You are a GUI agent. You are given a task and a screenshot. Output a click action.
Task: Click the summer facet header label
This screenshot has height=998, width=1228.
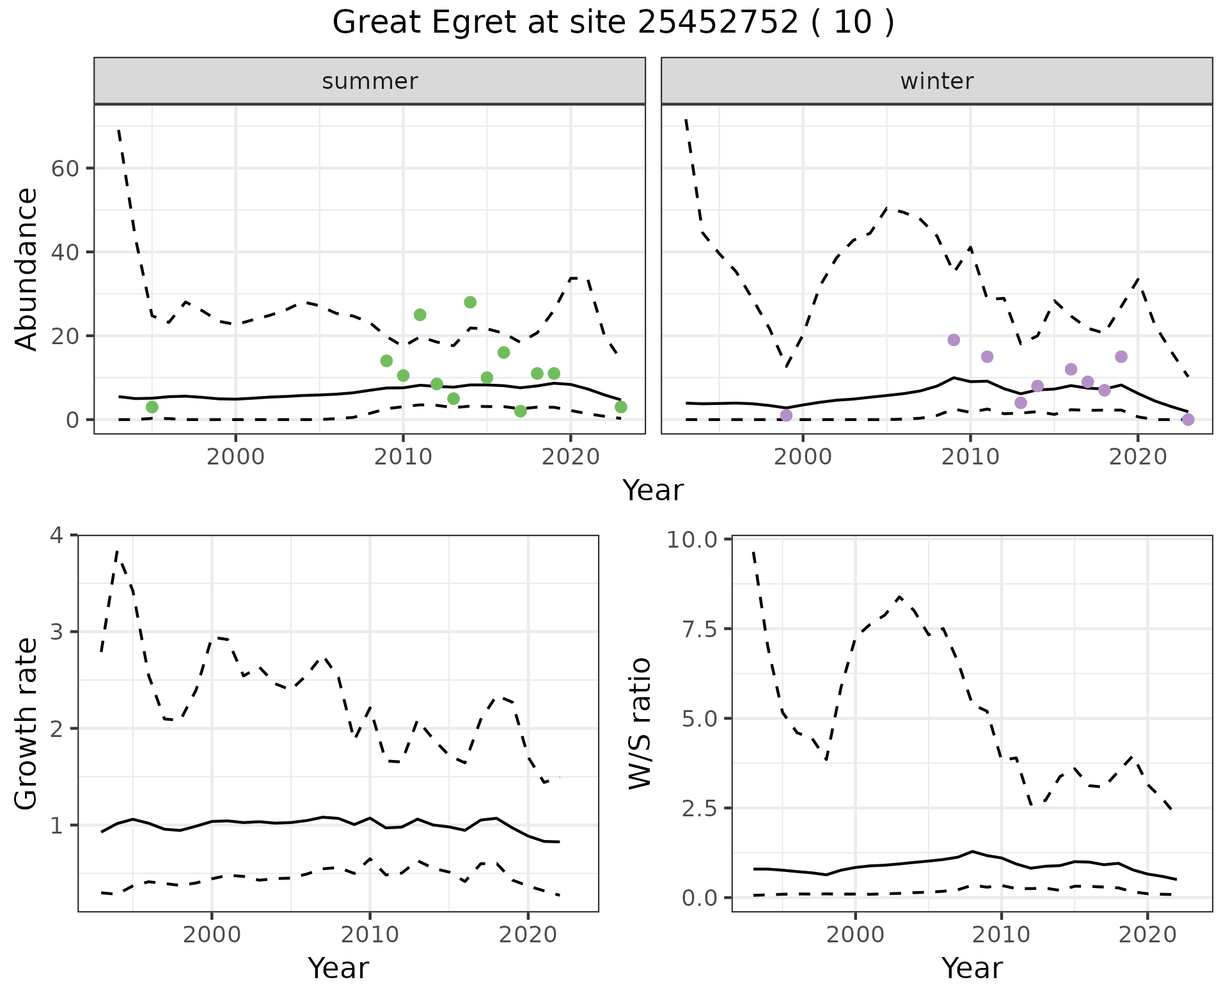[x=370, y=81]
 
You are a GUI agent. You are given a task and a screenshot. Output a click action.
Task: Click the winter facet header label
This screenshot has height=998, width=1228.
[x=936, y=81]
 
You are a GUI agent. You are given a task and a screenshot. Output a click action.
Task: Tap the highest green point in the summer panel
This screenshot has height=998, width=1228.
[x=470, y=302]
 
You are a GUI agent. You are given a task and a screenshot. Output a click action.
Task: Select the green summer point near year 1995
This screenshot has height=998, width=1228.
[x=152, y=407]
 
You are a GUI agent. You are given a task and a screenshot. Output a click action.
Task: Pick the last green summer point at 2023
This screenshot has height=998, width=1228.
[x=620, y=407]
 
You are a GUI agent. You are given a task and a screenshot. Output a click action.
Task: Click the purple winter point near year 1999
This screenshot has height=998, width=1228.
[x=786, y=415]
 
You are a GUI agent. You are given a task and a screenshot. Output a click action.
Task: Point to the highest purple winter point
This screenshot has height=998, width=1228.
[x=954, y=340]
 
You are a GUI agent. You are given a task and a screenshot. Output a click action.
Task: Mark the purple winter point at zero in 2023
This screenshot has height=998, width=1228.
[x=1188, y=420]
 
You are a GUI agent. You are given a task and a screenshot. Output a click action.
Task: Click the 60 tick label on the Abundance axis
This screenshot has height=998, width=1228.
[x=65, y=168]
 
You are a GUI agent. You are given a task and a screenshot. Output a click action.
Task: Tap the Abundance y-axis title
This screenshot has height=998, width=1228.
[x=27, y=269]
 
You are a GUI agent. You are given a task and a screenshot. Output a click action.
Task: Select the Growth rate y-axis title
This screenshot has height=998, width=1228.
[x=27, y=723]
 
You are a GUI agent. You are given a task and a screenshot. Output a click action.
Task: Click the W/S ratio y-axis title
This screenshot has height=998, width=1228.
[x=640, y=723]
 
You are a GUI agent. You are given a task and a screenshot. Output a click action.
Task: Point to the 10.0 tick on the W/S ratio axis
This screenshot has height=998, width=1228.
[x=693, y=539]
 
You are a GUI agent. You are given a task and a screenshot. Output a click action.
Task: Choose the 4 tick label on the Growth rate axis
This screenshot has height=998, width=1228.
[x=57, y=535]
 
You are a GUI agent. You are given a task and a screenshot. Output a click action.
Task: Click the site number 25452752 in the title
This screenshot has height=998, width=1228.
[x=718, y=22]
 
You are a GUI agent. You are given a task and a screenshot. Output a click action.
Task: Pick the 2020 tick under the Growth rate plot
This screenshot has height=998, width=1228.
[x=528, y=935]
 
